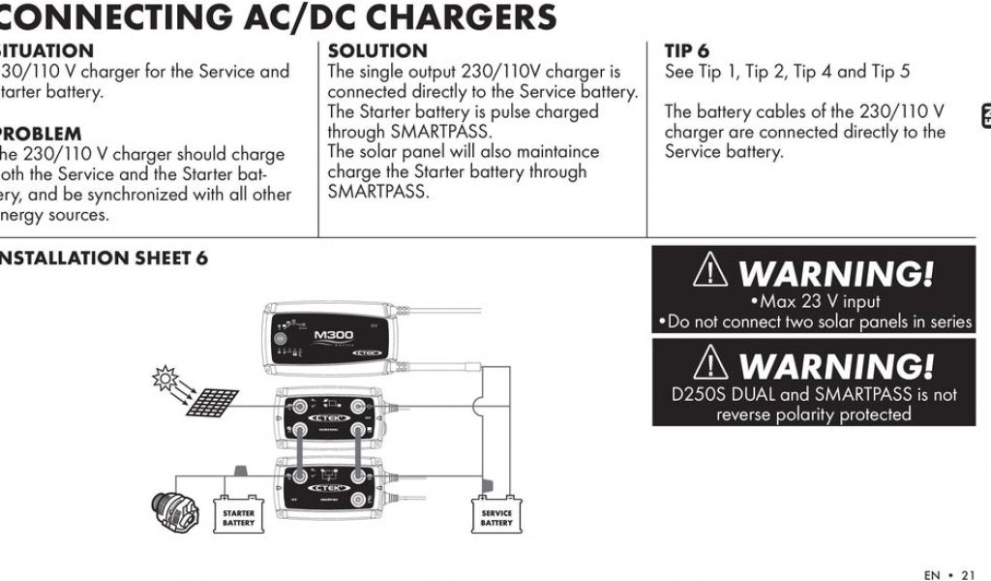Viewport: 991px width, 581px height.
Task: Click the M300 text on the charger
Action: click(x=334, y=335)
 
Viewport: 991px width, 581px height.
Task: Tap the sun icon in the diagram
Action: click(x=162, y=378)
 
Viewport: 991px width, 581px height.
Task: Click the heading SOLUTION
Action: click(x=377, y=50)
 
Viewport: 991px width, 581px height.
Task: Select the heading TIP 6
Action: click(x=686, y=50)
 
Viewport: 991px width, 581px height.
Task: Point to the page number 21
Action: click(x=968, y=574)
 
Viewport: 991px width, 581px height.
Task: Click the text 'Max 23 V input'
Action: click(x=820, y=302)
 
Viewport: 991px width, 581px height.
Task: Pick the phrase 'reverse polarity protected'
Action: click(x=813, y=414)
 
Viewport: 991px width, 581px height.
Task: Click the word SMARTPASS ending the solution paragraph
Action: click(x=377, y=192)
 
